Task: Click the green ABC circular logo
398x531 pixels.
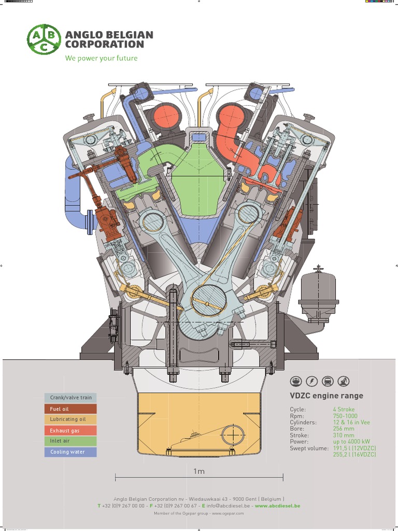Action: click(44, 39)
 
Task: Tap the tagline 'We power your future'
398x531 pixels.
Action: click(101, 58)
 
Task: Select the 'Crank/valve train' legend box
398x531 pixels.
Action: click(70, 398)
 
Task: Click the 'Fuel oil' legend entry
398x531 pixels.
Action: click(70, 409)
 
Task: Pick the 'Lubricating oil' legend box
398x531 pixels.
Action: click(70, 419)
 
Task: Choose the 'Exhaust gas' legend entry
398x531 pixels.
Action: click(70, 430)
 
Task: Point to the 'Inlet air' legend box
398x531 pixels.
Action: click(70, 441)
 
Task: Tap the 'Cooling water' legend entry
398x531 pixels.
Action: click(70, 452)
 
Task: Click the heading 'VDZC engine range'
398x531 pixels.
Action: click(326, 396)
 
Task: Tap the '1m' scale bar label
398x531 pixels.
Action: click(199, 471)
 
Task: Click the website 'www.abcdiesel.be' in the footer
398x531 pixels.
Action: click(277, 506)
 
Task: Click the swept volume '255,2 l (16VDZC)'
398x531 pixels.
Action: click(354, 454)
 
